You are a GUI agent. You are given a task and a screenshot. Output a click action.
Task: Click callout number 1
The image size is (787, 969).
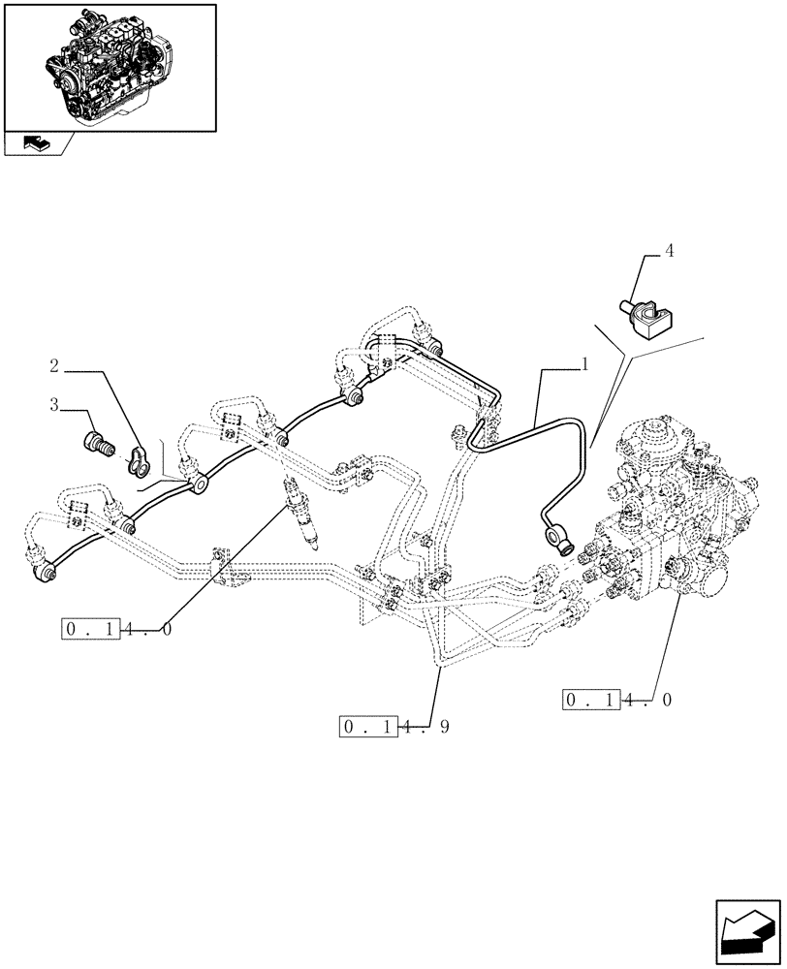[584, 365]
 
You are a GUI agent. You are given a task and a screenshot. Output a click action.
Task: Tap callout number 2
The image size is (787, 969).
[54, 366]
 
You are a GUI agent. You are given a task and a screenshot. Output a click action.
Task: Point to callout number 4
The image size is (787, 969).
[668, 250]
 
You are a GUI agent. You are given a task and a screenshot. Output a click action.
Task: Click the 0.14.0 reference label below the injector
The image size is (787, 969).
[115, 630]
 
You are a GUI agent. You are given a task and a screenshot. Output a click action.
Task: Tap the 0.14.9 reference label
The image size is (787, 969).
[392, 727]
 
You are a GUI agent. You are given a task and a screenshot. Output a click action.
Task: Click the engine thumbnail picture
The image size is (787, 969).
[109, 66]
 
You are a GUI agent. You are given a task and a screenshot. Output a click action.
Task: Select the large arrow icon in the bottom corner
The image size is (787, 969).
[746, 929]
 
